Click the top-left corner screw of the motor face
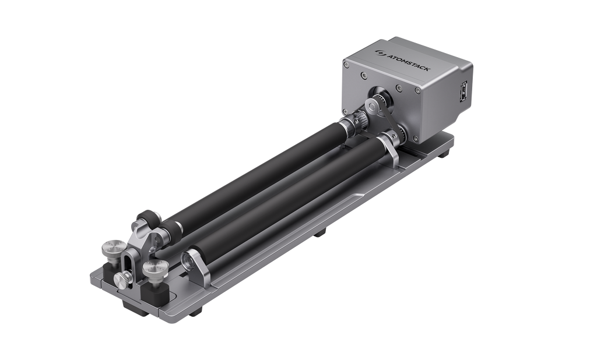[363, 75]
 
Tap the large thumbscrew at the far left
[111, 250]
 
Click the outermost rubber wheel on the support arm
[146, 220]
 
